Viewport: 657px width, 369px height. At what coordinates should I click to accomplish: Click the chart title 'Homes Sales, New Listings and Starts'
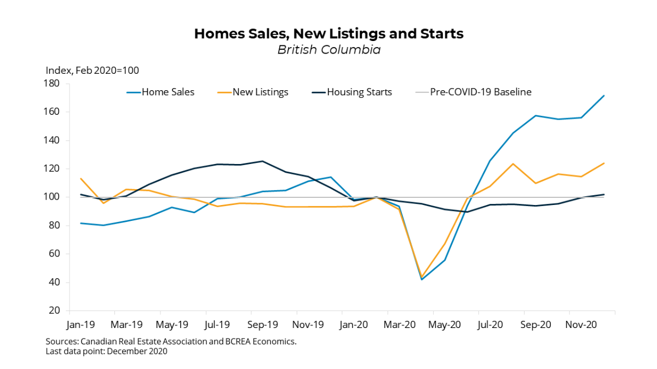point(328,34)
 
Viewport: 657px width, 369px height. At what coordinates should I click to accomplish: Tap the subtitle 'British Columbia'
point(328,50)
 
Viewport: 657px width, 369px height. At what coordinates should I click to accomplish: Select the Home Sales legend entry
point(168,92)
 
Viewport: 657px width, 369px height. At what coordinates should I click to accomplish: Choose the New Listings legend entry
point(260,92)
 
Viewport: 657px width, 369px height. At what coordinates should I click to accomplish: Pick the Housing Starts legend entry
point(359,92)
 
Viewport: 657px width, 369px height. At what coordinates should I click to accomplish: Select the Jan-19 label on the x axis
point(80,325)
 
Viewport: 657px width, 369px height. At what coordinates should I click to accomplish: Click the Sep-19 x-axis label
point(263,325)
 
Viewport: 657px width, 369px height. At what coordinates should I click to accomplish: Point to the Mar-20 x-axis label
point(400,325)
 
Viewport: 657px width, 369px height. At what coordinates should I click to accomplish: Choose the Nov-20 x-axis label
point(581,325)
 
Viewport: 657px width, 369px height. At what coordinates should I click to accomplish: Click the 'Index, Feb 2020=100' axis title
point(92,71)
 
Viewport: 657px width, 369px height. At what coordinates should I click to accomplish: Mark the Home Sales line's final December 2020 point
point(604,96)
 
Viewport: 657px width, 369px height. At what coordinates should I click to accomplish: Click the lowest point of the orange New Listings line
point(422,277)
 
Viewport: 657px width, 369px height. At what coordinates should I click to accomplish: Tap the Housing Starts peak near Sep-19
point(262,161)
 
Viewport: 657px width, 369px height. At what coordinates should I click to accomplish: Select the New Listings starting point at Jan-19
point(80,178)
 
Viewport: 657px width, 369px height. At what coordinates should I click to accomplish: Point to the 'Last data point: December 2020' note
point(107,352)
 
